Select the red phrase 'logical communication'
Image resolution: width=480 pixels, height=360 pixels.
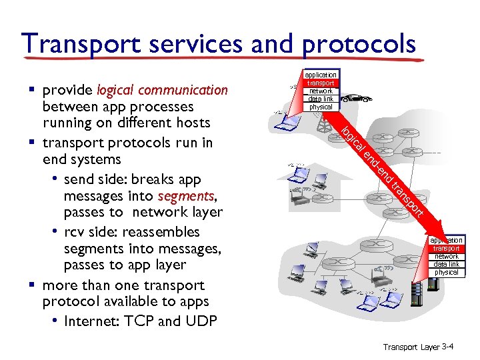coord(162,90)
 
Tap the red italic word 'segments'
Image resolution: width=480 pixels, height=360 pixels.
coord(185,196)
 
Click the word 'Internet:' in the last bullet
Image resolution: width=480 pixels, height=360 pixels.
coord(91,321)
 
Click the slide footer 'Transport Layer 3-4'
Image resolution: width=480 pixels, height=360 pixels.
coord(418,347)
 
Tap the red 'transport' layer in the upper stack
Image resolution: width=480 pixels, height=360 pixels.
coord(321,83)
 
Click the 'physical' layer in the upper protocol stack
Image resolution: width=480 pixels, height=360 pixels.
coord(321,107)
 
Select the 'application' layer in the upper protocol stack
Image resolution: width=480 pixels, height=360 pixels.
coord(321,75)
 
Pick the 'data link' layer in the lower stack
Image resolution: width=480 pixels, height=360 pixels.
coord(447,265)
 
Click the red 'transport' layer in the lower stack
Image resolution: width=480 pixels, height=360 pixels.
coord(447,249)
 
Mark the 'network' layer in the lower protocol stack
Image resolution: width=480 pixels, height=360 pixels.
coord(447,257)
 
